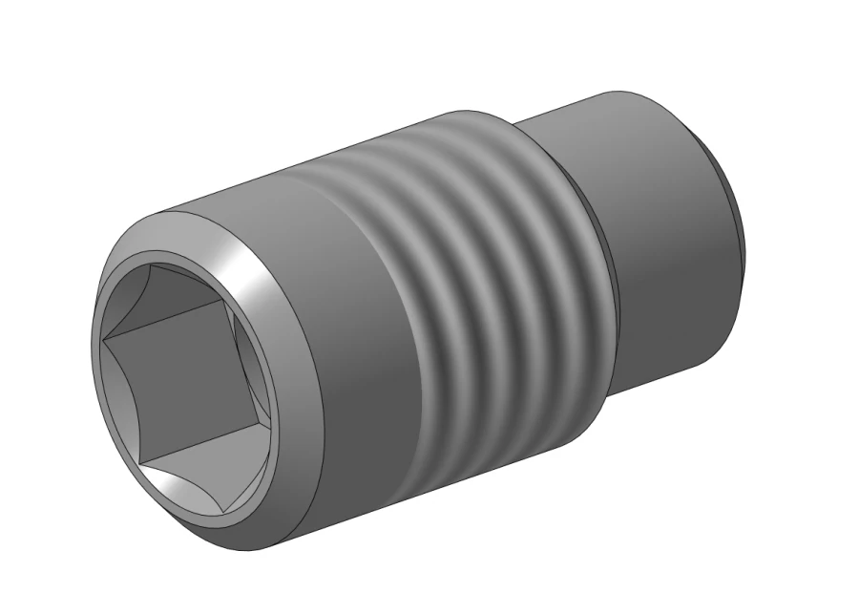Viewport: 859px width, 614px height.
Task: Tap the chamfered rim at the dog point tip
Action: pyautogui.click(x=735, y=220)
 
